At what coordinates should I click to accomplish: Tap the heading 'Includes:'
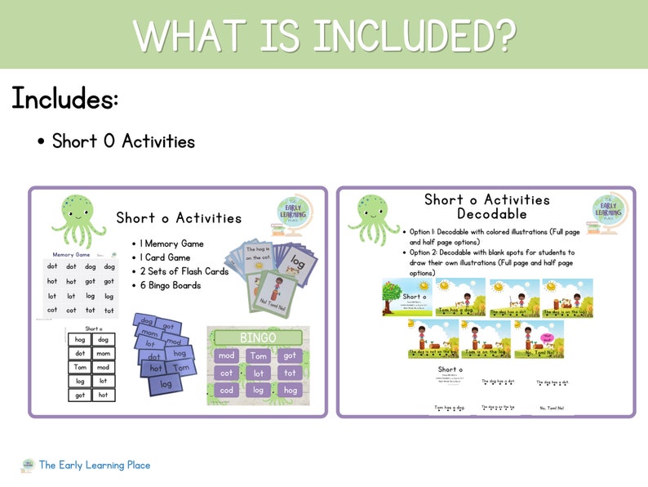(x=65, y=100)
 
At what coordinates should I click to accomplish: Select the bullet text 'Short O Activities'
(x=123, y=141)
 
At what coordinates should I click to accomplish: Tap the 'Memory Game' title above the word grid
(x=72, y=255)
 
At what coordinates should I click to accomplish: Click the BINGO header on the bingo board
(x=257, y=337)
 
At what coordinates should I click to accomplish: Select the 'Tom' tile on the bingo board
(x=258, y=355)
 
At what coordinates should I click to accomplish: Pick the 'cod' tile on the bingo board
(x=227, y=390)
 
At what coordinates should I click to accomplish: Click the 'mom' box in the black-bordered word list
(x=103, y=354)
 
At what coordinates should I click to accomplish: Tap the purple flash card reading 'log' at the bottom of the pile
(x=166, y=383)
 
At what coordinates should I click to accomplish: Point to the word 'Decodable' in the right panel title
(x=486, y=214)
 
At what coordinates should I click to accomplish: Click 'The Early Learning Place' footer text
(x=95, y=465)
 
